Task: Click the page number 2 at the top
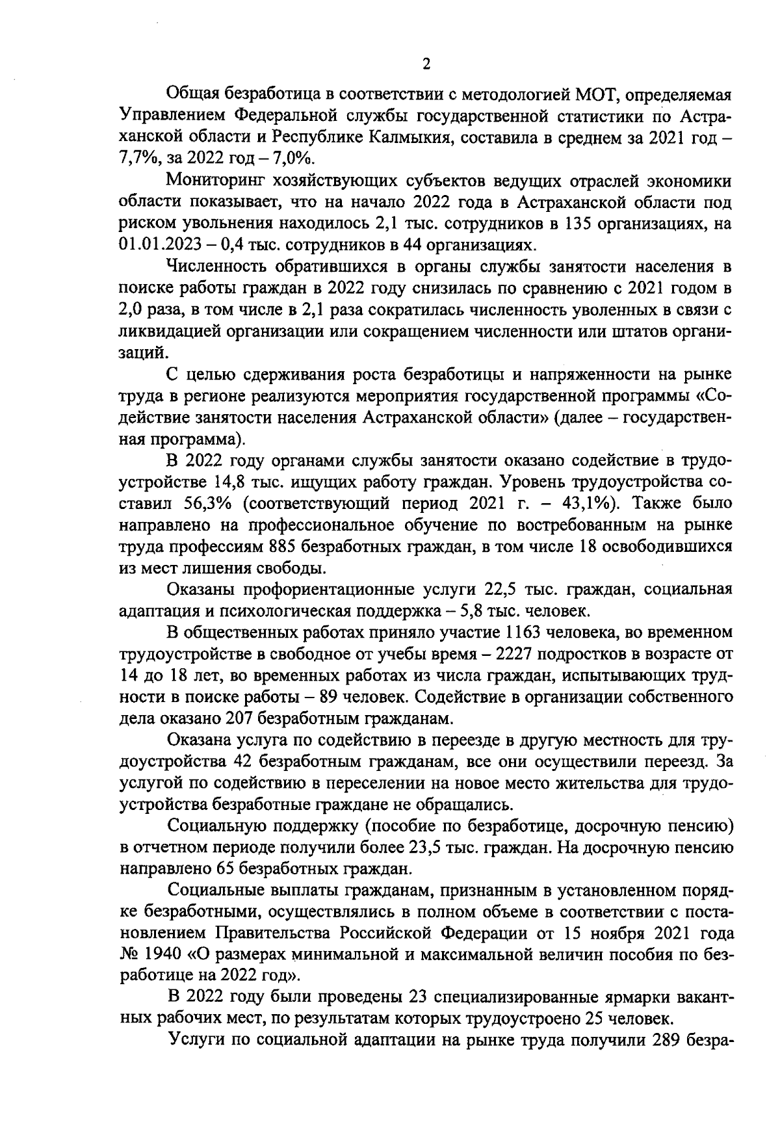click(426, 64)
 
